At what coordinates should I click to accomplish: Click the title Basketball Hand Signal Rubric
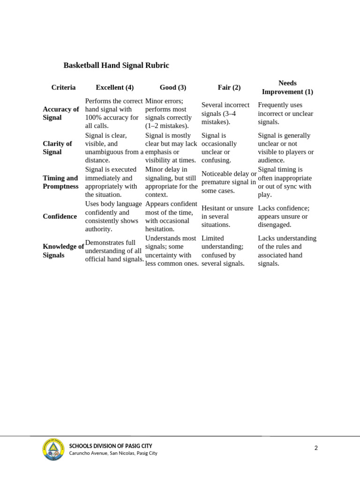[x=116, y=66]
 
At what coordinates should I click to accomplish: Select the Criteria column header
[x=63, y=88]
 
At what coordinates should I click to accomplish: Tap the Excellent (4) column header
[x=115, y=88]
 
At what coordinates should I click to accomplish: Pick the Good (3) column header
[x=173, y=88]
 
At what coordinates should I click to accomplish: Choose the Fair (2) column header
[x=229, y=88]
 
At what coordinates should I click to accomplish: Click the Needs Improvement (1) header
[x=287, y=88]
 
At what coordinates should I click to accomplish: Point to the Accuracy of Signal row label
[x=61, y=113]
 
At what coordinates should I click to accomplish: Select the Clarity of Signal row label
[x=57, y=148]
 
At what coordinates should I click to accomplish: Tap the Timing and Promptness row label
[x=60, y=182]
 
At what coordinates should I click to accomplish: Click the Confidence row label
[x=60, y=217]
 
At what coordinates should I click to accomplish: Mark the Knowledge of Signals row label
[x=63, y=251]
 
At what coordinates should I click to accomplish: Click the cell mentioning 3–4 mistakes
[x=225, y=113]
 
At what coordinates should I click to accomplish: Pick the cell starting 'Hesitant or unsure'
[x=227, y=217]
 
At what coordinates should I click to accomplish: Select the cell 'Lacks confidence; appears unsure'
[x=284, y=217]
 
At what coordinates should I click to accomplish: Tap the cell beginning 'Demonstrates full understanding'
[x=114, y=251]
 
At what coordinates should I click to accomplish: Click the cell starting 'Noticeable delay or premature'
[x=229, y=182]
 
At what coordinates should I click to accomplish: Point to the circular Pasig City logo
[x=53, y=449]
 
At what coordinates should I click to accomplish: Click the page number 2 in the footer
[x=316, y=448]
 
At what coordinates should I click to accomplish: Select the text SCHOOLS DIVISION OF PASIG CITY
[x=111, y=446]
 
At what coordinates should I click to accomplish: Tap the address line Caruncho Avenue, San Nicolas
[x=113, y=453]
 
